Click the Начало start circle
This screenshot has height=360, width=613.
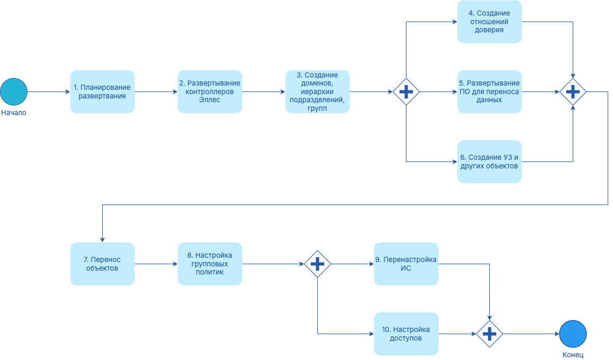(13, 91)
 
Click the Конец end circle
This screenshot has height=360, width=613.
(573, 334)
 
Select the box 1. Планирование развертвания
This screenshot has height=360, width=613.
(102, 91)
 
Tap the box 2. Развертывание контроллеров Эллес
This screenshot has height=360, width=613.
(210, 91)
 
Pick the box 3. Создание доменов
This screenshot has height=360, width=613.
(317, 91)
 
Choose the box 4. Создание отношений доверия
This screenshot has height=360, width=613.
(489, 22)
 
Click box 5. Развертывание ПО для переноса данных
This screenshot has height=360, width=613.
(489, 91)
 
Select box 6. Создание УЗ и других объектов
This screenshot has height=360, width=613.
(489, 161)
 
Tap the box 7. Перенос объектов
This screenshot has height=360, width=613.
(102, 264)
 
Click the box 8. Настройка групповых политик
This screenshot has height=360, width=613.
(210, 264)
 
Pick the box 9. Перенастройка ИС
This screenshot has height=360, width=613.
(406, 264)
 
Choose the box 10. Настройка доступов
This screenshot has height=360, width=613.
(406, 334)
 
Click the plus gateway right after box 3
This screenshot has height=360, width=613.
(406, 91)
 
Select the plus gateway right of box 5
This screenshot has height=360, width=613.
(573, 91)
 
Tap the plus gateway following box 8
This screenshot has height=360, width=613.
(317, 264)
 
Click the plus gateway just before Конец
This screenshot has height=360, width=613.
(489, 334)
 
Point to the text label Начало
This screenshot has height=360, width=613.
(13, 113)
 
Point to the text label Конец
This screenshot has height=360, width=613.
(573, 355)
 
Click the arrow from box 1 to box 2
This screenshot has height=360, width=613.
(156, 91)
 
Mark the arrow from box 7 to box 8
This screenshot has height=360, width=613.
(156, 264)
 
